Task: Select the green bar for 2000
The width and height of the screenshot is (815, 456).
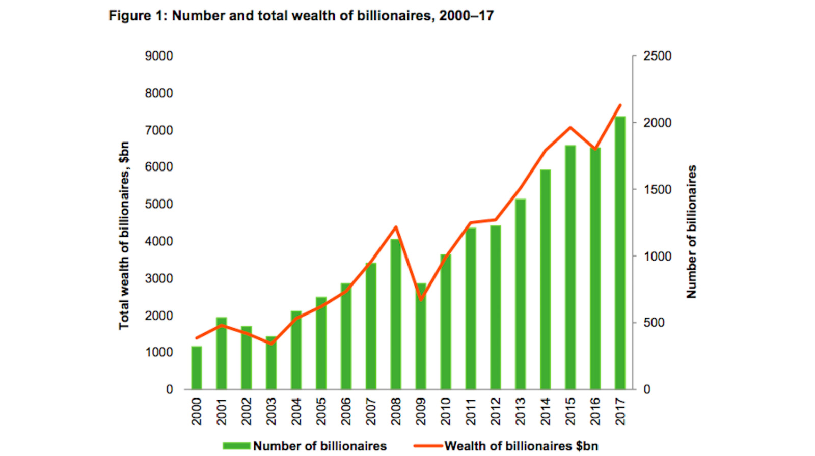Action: tap(197, 368)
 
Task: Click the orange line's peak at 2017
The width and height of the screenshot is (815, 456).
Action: tap(620, 105)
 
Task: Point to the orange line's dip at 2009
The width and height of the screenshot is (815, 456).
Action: tap(421, 299)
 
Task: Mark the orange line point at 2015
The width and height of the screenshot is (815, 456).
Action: tap(570, 128)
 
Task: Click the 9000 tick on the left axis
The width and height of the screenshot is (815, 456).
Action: tap(158, 56)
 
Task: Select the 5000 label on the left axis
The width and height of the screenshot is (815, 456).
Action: tap(158, 204)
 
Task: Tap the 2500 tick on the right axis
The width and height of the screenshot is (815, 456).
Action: tap(657, 56)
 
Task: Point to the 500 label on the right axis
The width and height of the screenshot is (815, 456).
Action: tap(654, 323)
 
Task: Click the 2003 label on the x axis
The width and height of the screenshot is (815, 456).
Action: tap(271, 411)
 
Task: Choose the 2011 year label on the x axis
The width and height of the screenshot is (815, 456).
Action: tap(471, 411)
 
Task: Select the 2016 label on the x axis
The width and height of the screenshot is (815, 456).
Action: tap(595, 411)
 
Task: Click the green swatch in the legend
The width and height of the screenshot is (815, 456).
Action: tap(236, 446)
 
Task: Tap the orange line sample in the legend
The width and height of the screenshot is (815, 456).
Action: tap(427, 446)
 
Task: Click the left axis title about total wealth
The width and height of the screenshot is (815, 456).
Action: tap(124, 235)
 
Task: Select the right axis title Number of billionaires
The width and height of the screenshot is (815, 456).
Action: tap(691, 232)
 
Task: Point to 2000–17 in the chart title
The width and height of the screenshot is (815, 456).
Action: tap(466, 16)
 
